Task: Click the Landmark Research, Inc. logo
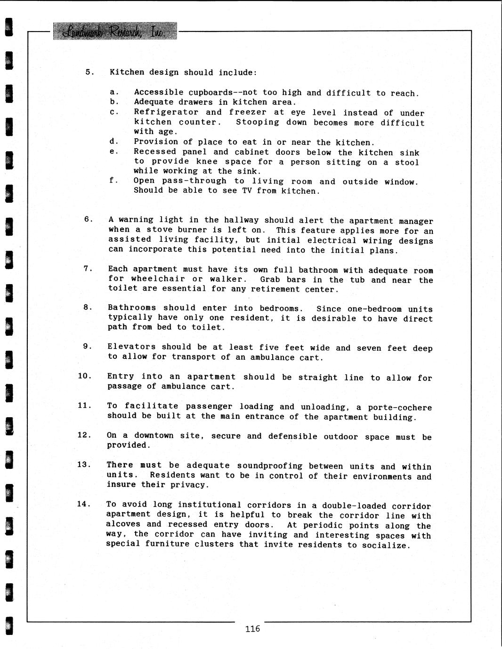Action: click(115, 31)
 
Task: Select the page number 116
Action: click(252, 629)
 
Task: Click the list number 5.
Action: click(89, 72)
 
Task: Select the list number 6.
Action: click(88, 219)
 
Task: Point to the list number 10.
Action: click(85, 376)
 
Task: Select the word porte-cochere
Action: click(400, 407)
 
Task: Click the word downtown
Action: click(154, 436)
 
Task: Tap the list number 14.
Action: click(84, 504)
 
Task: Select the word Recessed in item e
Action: click(155, 151)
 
